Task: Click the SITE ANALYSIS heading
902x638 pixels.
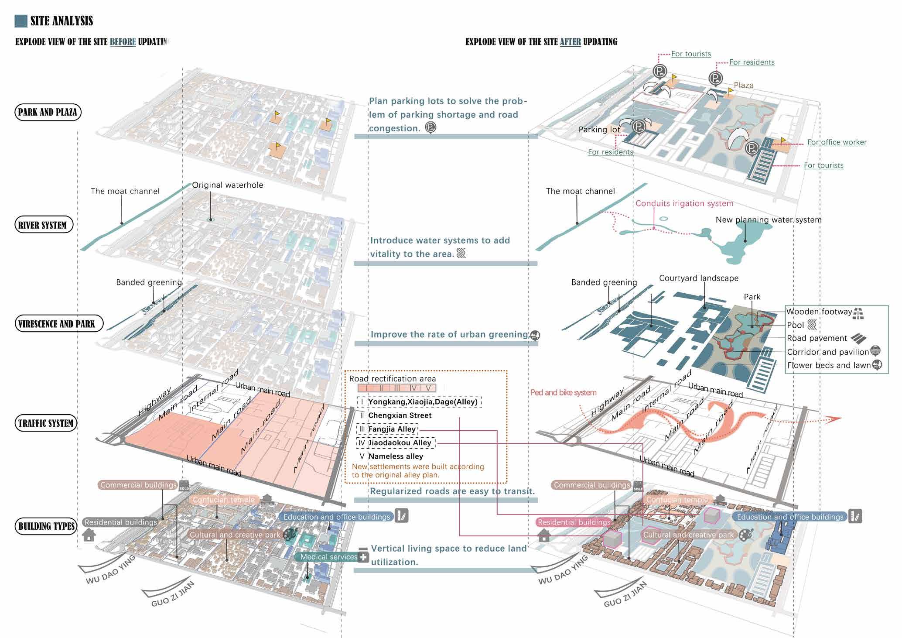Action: (61, 21)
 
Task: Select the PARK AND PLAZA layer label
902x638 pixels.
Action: (48, 112)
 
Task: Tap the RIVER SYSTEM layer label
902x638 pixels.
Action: (43, 225)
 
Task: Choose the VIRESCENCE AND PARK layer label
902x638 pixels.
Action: (57, 324)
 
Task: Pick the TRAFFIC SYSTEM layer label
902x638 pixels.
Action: (46, 423)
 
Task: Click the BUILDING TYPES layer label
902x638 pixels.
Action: (47, 526)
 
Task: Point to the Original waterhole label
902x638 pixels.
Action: (228, 185)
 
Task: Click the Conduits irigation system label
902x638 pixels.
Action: (684, 203)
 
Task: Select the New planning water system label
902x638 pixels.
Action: (769, 220)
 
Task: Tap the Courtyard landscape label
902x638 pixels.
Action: (699, 278)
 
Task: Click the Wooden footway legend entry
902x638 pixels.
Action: (819, 312)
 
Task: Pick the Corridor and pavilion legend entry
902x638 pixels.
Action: (828, 352)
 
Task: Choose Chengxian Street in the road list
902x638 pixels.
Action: (400, 415)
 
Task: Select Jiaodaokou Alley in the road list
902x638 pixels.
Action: (400, 442)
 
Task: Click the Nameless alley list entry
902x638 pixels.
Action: (396, 456)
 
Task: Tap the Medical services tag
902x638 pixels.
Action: (329, 557)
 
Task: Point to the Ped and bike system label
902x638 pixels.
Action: (564, 392)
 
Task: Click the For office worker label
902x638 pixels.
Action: (837, 142)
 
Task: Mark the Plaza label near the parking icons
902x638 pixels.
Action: (744, 86)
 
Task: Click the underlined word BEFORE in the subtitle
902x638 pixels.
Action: (123, 42)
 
